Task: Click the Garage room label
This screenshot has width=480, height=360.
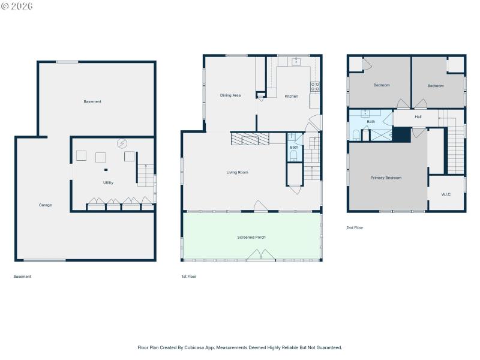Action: [x=46, y=205]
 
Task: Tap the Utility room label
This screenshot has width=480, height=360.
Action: [x=108, y=183]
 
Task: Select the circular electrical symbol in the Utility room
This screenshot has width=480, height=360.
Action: [x=122, y=144]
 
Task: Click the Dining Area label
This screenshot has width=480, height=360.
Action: [x=230, y=95]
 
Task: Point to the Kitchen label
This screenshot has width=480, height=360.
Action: [x=291, y=97]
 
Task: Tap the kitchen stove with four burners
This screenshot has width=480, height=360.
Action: [x=315, y=86]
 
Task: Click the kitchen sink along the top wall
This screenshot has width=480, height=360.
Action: [x=296, y=62]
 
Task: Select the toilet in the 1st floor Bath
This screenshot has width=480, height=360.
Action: [x=294, y=156]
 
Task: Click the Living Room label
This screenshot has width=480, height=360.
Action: [x=237, y=173]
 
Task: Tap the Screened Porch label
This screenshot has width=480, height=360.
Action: [x=251, y=238]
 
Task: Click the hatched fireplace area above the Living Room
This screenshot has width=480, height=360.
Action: [x=250, y=139]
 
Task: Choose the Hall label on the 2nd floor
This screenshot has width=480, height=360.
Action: [x=418, y=117]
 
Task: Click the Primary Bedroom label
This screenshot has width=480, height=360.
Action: [x=386, y=178]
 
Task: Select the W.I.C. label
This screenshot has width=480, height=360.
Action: [x=446, y=194]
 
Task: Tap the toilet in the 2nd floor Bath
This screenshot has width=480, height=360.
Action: [x=356, y=134]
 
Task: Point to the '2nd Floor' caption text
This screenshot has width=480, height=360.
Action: [x=355, y=228]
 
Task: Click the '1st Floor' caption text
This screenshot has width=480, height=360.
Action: [x=189, y=277]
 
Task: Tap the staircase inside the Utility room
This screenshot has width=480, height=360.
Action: [x=146, y=175]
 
